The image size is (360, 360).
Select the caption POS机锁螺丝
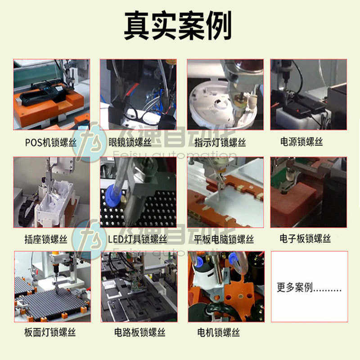point(51,143)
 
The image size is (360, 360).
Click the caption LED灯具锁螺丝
point(137,239)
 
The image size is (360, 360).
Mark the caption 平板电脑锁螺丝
point(224,239)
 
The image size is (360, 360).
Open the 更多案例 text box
point(309,287)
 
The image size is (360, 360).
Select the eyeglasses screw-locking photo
point(138,94)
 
